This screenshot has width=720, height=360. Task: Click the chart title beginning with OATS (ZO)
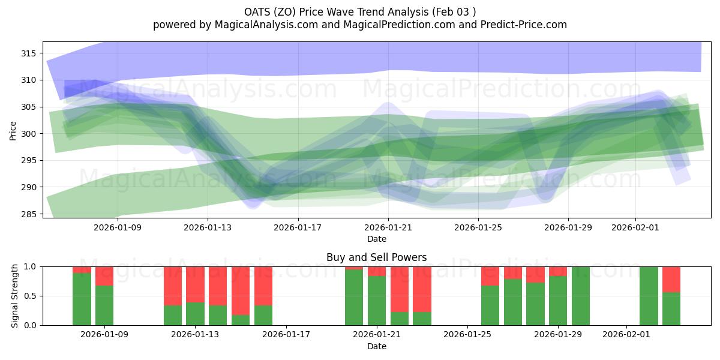click(x=359, y=11)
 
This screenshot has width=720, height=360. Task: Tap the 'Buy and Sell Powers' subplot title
click(x=376, y=257)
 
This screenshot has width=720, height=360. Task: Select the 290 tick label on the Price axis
click(x=28, y=187)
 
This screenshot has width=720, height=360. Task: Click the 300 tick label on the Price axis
click(x=28, y=134)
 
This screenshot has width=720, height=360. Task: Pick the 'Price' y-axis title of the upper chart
click(x=13, y=130)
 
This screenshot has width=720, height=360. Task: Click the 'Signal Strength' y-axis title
click(x=15, y=296)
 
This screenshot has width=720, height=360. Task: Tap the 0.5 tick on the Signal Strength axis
click(x=30, y=296)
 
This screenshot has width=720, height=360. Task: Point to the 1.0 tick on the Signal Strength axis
click(x=30, y=266)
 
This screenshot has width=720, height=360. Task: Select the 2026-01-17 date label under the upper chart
click(x=298, y=227)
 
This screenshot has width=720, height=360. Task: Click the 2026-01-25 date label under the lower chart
click(x=467, y=334)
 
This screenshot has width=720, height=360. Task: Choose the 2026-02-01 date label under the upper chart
click(x=636, y=227)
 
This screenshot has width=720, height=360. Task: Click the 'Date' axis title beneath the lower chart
click(x=376, y=346)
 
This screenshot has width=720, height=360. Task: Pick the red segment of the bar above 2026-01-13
click(x=195, y=284)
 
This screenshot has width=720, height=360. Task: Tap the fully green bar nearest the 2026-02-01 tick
click(x=649, y=296)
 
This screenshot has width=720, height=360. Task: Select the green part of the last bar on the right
click(x=671, y=309)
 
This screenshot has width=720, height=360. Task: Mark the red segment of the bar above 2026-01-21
click(x=377, y=271)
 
